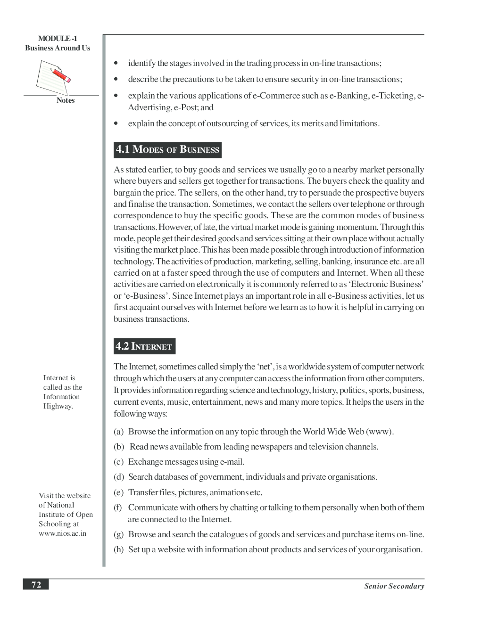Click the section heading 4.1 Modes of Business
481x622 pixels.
click(x=167, y=150)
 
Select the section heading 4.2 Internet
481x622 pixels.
click(x=144, y=346)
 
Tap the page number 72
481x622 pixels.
click(x=36, y=585)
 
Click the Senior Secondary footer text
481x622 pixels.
click(x=394, y=586)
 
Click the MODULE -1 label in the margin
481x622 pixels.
click(x=58, y=39)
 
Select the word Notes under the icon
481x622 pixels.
click(x=66, y=100)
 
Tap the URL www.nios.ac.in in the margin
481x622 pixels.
click(x=62, y=533)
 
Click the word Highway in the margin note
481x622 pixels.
click(x=58, y=406)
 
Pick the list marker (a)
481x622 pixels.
click(x=118, y=432)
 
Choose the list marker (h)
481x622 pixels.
click(x=118, y=549)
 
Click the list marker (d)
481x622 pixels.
click(x=118, y=477)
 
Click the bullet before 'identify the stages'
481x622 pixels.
click(x=116, y=64)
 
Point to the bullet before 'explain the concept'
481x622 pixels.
click(x=116, y=124)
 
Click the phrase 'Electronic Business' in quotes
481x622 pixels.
click(x=388, y=284)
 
